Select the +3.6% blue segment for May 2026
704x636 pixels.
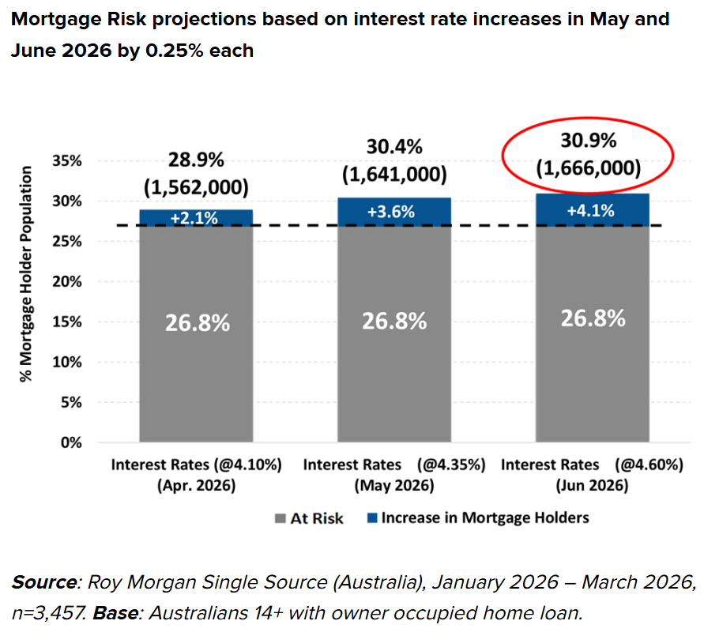tap(393, 213)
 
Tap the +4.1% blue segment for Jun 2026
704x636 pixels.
tap(592, 210)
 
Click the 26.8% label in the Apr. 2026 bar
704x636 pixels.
tap(196, 322)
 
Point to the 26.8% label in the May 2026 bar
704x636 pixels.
tap(393, 321)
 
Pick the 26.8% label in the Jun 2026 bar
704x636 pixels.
tap(593, 318)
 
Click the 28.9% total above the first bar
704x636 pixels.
tap(196, 160)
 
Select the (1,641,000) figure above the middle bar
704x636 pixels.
tap(393, 174)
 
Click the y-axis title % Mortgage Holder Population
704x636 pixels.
tap(27, 273)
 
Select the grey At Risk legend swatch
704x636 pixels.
tap(279, 519)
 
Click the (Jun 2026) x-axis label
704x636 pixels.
tap(592, 485)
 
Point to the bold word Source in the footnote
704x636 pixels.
tap(43, 584)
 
